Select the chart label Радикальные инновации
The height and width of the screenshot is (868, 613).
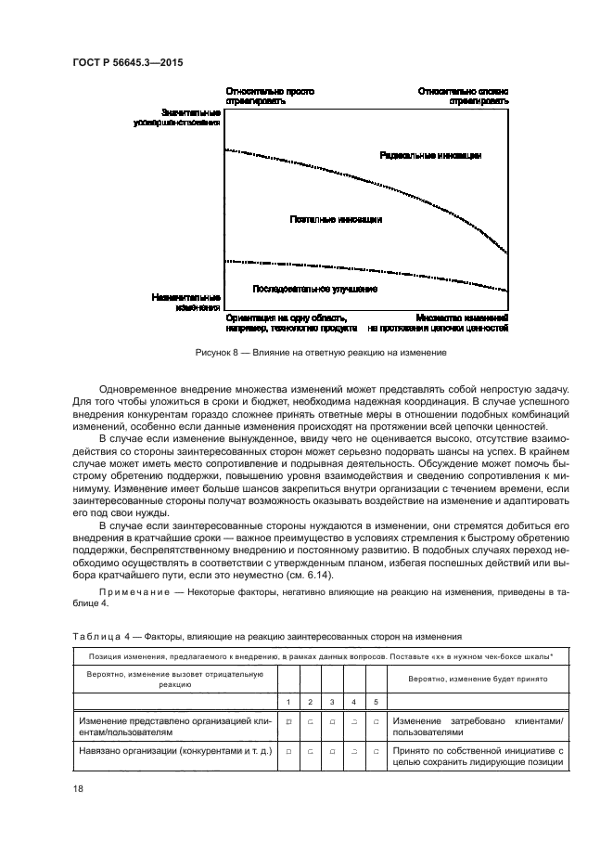(x=430, y=156)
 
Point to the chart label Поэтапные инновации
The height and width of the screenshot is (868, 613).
(x=336, y=220)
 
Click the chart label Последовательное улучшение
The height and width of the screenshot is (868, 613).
(x=314, y=290)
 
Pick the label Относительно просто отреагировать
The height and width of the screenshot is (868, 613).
(x=270, y=97)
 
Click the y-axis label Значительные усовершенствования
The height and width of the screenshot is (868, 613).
(x=175, y=116)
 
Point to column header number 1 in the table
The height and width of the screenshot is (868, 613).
(x=289, y=702)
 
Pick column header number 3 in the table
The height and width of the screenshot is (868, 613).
(x=331, y=702)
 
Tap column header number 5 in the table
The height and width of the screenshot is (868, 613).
(x=374, y=702)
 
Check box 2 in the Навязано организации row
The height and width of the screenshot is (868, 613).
(x=311, y=751)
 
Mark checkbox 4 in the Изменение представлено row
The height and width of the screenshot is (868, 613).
(x=352, y=721)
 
